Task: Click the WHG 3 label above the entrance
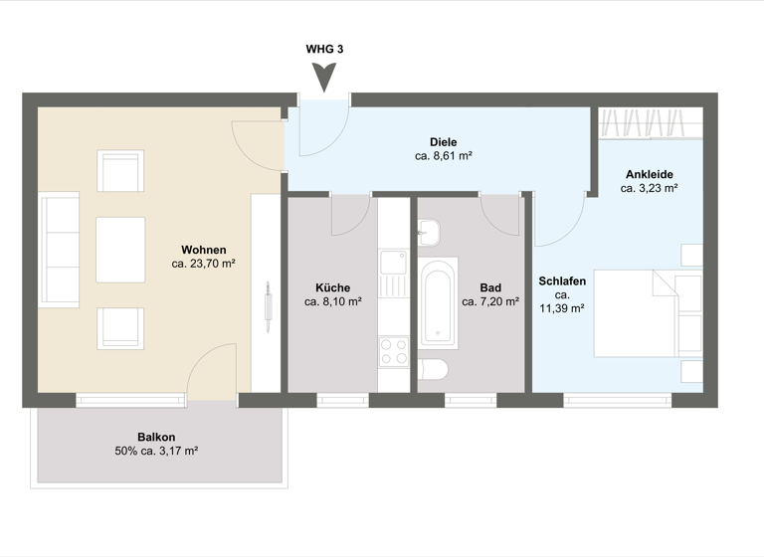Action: click(x=324, y=49)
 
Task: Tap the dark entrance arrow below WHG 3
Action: click(x=324, y=77)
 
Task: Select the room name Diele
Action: click(x=443, y=141)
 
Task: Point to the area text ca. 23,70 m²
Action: click(x=203, y=265)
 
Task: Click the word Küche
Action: click(x=332, y=287)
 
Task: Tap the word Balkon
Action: click(x=156, y=437)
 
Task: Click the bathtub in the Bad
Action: click(x=438, y=302)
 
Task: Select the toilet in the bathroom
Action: click(x=433, y=370)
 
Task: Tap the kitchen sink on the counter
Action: click(x=392, y=264)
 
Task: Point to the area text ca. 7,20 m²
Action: click(x=489, y=301)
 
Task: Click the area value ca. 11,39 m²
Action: click(x=561, y=308)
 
